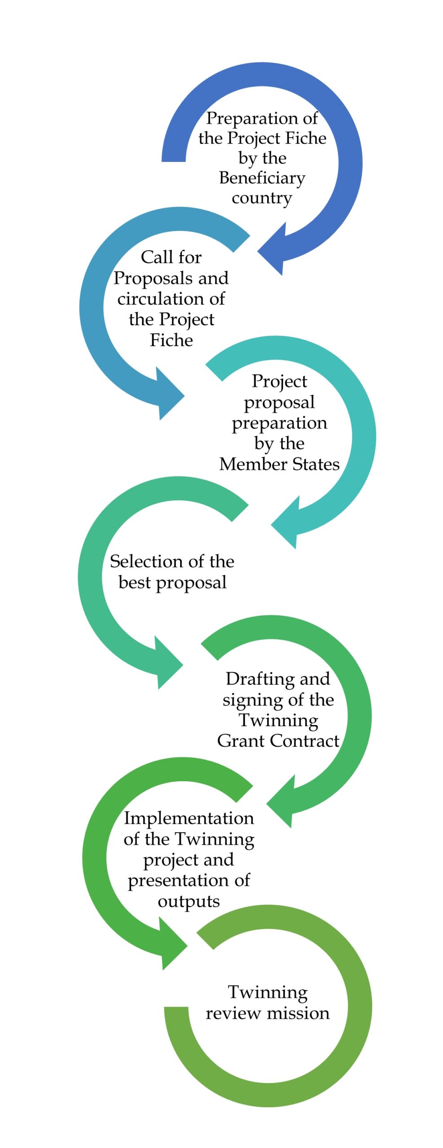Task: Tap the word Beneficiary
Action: click(262, 178)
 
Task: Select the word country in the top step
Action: click(262, 198)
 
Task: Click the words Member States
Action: click(279, 464)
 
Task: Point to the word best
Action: click(135, 583)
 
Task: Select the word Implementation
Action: click(189, 818)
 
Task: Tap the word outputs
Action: click(189, 901)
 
